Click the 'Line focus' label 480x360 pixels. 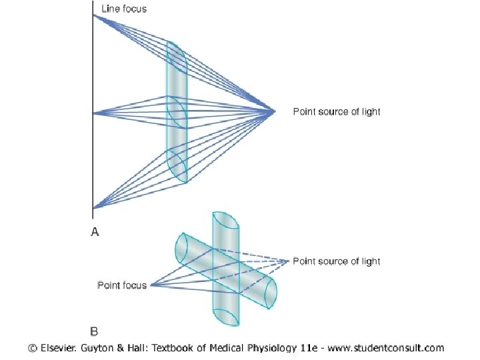point(124,9)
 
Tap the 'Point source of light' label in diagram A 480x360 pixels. point(337,111)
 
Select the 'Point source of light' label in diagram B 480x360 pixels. point(337,261)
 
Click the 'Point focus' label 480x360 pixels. point(122,285)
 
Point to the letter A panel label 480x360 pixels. point(94,231)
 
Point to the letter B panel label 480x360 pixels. point(94,330)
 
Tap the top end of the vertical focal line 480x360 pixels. point(93,4)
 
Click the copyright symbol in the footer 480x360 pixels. point(32,347)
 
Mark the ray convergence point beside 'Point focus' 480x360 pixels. point(151,285)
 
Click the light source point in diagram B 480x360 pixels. point(291,261)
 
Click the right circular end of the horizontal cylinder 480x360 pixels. point(271,293)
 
